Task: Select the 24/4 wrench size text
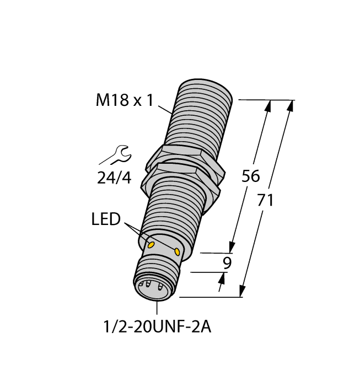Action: [x=114, y=178]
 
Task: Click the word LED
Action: [x=106, y=219]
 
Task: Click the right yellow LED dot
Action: [x=178, y=251]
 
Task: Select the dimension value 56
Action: [x=251, y=176]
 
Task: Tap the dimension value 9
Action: [x=226, y=263]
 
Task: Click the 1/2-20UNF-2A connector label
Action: [x=157, y=327]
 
